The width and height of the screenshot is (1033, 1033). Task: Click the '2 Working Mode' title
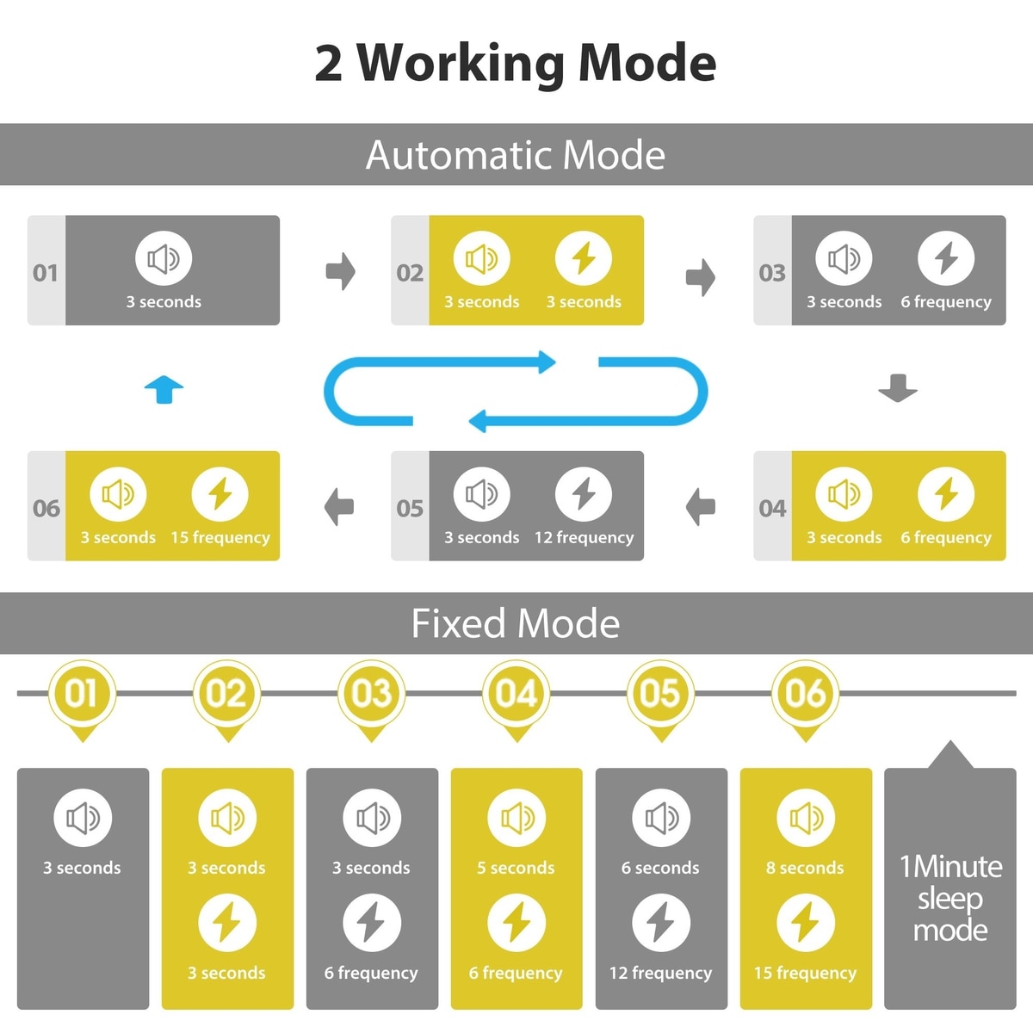click(x=515, y=63)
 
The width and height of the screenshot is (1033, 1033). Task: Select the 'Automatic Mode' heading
click(x=515, y=155)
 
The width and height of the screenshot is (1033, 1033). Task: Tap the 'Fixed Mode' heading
click(x=515, y=623)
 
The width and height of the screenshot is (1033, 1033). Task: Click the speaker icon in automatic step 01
click(x=164, y=258)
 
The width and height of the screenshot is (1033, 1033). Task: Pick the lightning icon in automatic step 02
click(x=584, y=258)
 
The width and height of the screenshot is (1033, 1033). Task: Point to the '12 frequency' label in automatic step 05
click(x=584, y=538)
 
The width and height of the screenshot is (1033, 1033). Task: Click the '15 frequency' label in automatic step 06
click(x=220, y=538)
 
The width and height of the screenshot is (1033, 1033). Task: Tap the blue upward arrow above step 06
click(x=164, y=389)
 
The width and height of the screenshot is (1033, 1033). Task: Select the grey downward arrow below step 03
click(x=898, y=388)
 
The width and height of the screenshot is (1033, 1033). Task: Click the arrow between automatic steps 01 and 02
click(x=341, y=272)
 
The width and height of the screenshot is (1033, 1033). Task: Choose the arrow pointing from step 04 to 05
click(x=701, y=506)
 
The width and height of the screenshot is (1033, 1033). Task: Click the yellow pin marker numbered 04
click(x=516, y=694)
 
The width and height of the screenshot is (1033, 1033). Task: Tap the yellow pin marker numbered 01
click(x=82, y=694)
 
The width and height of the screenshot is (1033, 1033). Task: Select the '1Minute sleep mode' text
click(x=950, y=898)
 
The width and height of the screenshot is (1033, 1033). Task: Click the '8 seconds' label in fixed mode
click(x=805, y=868)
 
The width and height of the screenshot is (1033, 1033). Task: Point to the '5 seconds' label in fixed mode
click(x=516, y=868)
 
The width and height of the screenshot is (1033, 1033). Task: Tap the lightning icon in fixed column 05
click(x=660, y=923)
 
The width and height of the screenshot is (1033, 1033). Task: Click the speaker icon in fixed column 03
click(x=371, y=818)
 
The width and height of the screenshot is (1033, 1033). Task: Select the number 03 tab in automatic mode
click(x=772, y=273)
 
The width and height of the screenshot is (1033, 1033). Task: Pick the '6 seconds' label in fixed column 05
click(x=660, y=868)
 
